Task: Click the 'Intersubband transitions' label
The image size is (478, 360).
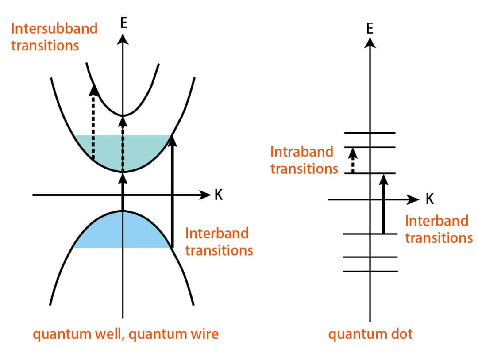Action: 54,37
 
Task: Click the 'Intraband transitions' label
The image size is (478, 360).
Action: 304,160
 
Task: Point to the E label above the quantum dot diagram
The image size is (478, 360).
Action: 370,28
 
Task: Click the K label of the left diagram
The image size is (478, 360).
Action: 218,195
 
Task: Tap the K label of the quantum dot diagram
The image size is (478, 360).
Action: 429,199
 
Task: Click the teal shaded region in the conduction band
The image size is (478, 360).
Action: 146,150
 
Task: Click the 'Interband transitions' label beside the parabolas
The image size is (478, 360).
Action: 219,241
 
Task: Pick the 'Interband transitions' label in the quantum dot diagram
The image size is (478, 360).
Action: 439,229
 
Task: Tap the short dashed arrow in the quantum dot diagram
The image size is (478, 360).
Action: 352,160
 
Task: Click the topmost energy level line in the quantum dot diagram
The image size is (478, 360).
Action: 370,133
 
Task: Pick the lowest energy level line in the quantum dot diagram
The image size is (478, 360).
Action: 370,271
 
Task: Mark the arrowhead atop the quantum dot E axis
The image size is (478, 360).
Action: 370,42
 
